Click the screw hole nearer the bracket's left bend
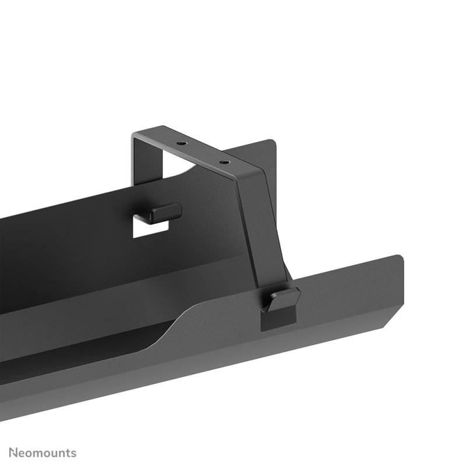pos(182,143)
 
